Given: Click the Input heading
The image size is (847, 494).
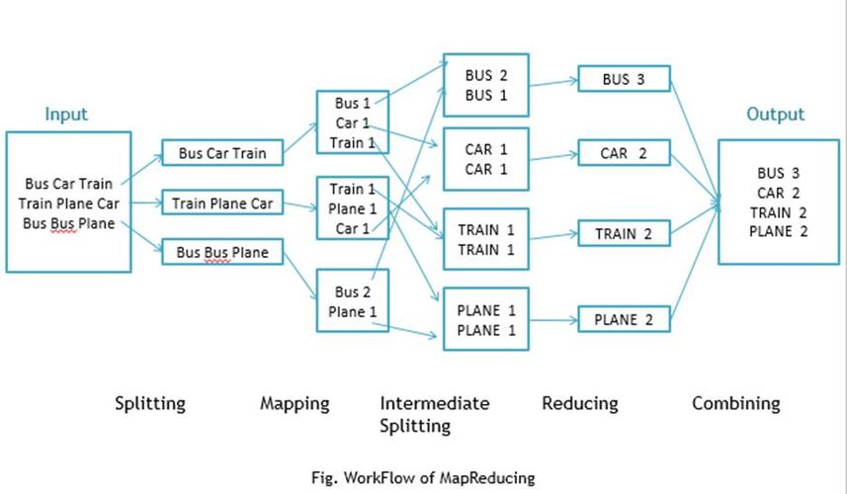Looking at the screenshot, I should (66, 114).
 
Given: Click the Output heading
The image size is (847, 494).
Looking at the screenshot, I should (775, 114).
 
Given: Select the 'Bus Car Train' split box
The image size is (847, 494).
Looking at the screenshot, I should (229, 153).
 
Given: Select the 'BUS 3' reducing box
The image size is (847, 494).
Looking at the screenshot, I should (624, 79).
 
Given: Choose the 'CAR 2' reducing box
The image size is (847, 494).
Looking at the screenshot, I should (624, 153).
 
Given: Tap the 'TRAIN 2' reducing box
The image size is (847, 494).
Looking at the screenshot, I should (624, 234).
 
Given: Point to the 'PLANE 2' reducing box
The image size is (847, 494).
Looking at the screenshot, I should (624, 319).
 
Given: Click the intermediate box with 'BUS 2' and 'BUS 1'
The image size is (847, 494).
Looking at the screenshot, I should (485, 86).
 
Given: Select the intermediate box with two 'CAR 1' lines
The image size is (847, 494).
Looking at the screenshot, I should (485, 158).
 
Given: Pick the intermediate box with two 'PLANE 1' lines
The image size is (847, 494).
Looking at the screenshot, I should (485, 320).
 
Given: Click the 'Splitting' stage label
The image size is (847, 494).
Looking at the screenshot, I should (149, 403).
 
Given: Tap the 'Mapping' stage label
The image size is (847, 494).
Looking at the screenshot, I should (295, 403).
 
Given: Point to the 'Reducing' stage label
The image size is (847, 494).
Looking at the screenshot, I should (580, 403).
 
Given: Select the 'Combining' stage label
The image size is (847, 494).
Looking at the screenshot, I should (735, 403).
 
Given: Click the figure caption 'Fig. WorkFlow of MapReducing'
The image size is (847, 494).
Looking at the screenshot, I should (423, 477).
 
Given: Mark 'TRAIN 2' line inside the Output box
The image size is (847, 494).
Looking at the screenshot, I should (778, 211).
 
